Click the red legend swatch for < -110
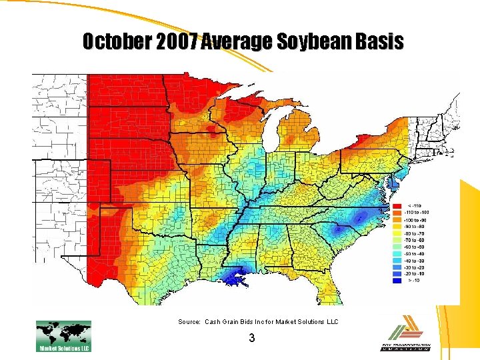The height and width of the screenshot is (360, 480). coord(397,205)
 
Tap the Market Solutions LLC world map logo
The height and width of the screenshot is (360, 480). coord(63,335)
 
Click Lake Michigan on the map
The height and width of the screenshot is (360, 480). coord(271,133)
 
